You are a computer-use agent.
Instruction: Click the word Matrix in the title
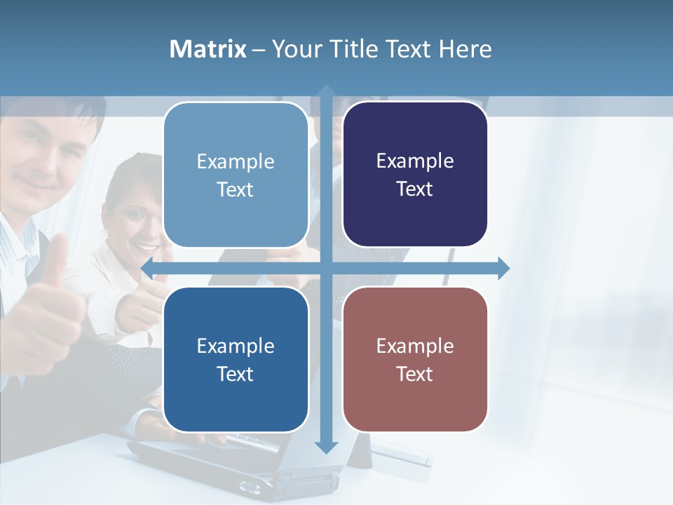(x=208, y=49)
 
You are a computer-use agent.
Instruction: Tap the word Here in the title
(x=465, y=49)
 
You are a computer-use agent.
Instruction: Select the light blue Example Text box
(x=236, y=175)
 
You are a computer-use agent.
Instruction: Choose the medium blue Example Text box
(x=236, y=359)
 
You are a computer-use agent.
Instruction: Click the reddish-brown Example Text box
(x=415, y=359)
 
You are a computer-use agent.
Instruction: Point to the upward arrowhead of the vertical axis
(x=326, y=91)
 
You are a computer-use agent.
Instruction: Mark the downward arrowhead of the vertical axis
(x=326, y=447)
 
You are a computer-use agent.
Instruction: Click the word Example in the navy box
(x=415, y=161)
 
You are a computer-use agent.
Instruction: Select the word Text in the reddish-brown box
(x=415, y=374)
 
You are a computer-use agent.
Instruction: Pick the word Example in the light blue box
(x=236, y=161)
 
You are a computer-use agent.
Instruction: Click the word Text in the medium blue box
(x=236, y=374)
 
